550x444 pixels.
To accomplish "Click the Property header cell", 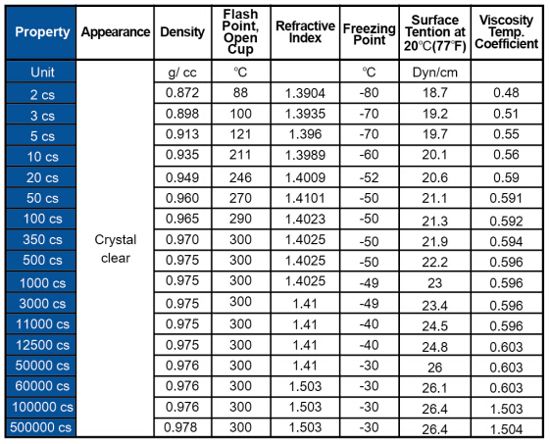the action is pos(42,32).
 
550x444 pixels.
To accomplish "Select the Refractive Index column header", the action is pos(305,31).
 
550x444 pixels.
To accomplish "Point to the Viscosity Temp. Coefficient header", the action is pos(506,32).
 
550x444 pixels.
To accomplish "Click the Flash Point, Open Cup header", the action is pos(240,31).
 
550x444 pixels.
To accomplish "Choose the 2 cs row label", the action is pos(42,95).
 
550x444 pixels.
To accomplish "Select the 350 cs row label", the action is pos(42,239).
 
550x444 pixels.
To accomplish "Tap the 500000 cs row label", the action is pos(41,427).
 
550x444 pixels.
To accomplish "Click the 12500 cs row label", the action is pos(42,345).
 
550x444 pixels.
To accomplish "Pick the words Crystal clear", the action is pos(116,249).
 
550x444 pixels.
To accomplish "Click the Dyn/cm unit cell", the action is pos(435,73).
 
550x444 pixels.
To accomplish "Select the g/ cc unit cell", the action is pos(182,73).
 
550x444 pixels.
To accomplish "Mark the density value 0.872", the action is pos(182,92).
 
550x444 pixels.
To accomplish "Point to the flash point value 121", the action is pos(240,134).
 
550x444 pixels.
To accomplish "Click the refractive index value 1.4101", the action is pos(305,198).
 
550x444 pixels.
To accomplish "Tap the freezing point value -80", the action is pos(369,92).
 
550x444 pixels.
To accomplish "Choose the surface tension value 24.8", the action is pos(435,347).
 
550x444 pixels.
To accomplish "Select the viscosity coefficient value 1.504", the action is pos(506,429).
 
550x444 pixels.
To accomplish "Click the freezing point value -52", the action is pos(369,177).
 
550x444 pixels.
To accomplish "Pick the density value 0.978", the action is pos(180,427).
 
